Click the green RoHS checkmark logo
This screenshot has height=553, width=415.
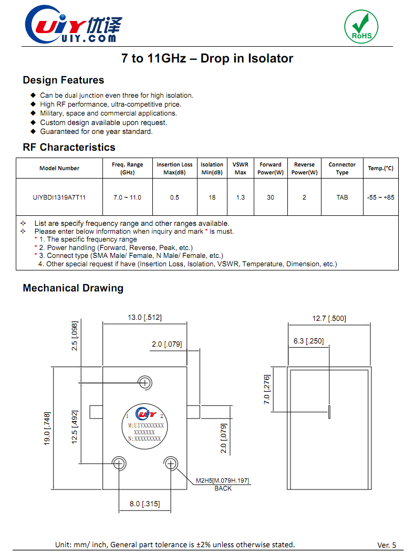coord(361,26)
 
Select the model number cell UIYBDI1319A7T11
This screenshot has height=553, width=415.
coord(59,197)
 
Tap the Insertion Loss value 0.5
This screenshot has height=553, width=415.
coord(174,197)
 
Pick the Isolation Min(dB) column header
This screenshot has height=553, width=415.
coord(212,168)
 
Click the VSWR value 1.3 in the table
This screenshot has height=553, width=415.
coord(240,197)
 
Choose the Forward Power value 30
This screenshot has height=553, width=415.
coord(270,197)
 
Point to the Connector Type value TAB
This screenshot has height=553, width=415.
coord(342,197)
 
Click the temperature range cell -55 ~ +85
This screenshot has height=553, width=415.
coord(380,197)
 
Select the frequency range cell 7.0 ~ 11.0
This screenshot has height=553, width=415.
coord(127,197)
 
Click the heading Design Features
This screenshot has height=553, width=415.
coord(63,80)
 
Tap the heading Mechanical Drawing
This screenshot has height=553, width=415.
coord(73,288)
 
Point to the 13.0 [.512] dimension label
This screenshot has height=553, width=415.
coord(144,317)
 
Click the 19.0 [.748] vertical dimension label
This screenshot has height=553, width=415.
coord(48,429)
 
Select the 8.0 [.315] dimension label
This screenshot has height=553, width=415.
coord(144,504)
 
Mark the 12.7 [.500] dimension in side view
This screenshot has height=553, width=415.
coord(329,318)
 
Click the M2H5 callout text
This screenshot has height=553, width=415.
coord(223,481)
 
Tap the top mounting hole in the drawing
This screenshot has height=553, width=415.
coord(144,382)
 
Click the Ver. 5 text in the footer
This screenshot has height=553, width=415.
coord(387,545)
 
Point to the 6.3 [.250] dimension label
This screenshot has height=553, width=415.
coord(308,341)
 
